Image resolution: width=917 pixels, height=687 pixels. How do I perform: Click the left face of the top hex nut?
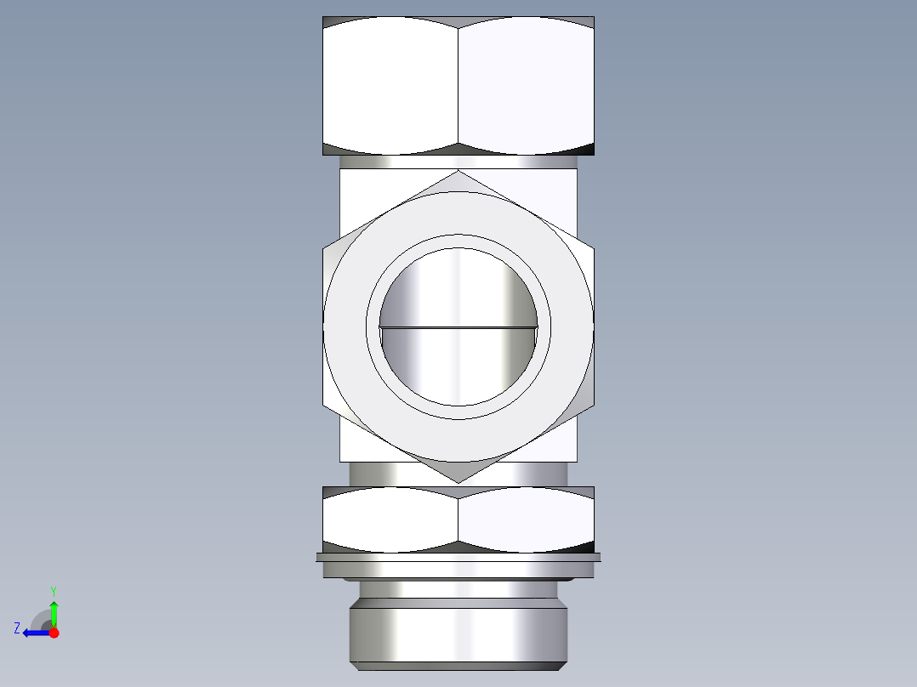[x=390, y=85]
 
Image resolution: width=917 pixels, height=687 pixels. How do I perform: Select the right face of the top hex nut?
[x=526, y=85]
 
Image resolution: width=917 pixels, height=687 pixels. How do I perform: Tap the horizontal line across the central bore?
[x=458, y=326]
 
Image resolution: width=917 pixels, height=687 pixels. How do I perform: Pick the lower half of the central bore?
[x=458, y=366]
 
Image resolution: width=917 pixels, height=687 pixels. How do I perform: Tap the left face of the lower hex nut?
[x=390, y=519]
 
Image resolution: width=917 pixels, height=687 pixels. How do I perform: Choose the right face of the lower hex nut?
[x=526, y=519]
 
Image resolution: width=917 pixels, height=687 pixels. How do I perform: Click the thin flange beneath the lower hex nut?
[x=458, y=558]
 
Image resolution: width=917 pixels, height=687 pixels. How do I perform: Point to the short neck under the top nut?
[x=458, y=162]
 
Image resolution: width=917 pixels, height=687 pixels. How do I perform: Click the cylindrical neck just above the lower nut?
[x=374, y=474]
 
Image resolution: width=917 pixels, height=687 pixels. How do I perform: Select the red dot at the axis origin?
[x=54, y=633]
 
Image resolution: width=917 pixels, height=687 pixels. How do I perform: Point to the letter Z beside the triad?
[x=17, y=627]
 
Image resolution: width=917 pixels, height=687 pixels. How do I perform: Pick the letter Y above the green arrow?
[x=53, y=590]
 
